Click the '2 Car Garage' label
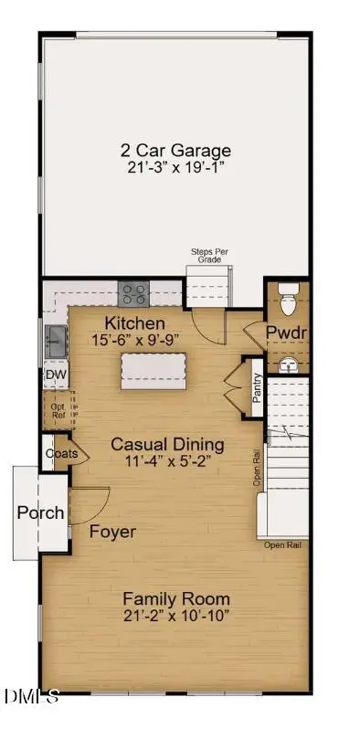click(176, 150)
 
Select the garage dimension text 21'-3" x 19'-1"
click(176, 169)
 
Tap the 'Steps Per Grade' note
click(208, 254)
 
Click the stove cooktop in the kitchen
click(135, 293)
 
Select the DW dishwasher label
click(55, 375)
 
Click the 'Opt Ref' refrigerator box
click(57, 410)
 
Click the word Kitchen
click(134, 323)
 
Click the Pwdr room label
click(287, 331)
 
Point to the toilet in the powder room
click(288, 297)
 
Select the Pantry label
click(258, 387)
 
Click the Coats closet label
click(59, 453)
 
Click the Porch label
click(40, 512)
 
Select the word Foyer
click(112, 532)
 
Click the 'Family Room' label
click(176, 599)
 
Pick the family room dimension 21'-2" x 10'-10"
click(176, 617)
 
